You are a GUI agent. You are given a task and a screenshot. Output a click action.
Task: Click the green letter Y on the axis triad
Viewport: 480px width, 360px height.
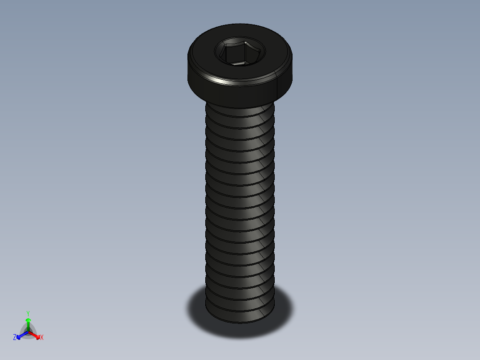(x=28, y=313)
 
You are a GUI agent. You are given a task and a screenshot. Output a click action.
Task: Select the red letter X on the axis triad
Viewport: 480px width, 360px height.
(x=42, y=338)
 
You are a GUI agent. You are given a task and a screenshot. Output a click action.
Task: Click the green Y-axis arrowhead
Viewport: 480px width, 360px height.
(x=28, y=320)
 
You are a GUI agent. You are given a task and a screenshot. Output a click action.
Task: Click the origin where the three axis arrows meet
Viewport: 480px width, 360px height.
(x=28, y=332)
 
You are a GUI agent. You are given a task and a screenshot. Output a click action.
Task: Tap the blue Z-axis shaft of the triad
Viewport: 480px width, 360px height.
(x=24, y=334)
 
